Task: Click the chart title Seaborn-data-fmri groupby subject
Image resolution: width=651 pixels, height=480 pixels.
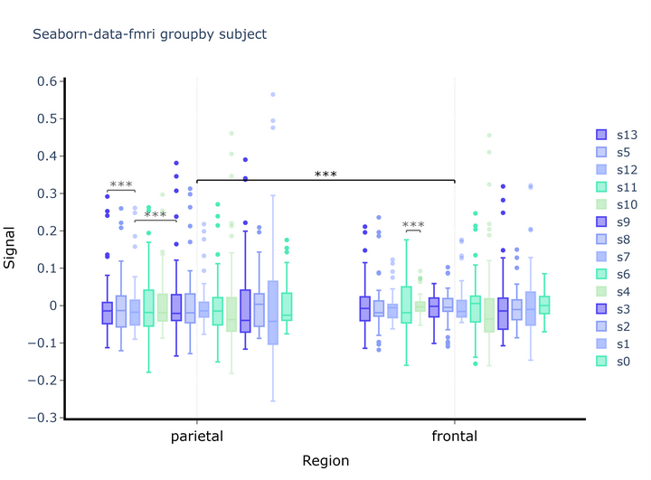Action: (x=149, y=35)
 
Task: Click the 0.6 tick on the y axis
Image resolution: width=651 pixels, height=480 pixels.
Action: (x=47, y=81)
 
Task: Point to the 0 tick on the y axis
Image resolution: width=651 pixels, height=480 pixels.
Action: (x=53, y=306)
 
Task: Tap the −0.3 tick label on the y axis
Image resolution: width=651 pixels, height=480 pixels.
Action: (x=42, y=418)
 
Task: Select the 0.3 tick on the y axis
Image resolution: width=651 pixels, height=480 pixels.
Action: (x=47, y=193)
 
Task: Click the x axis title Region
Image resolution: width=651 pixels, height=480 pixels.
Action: (x=325, y=461)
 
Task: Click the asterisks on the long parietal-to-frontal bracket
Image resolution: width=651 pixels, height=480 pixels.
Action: (x=325, y=174)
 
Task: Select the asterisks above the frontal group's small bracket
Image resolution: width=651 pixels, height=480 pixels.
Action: (x=413, y=225)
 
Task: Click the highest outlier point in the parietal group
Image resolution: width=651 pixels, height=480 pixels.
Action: (x=273, y=94)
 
